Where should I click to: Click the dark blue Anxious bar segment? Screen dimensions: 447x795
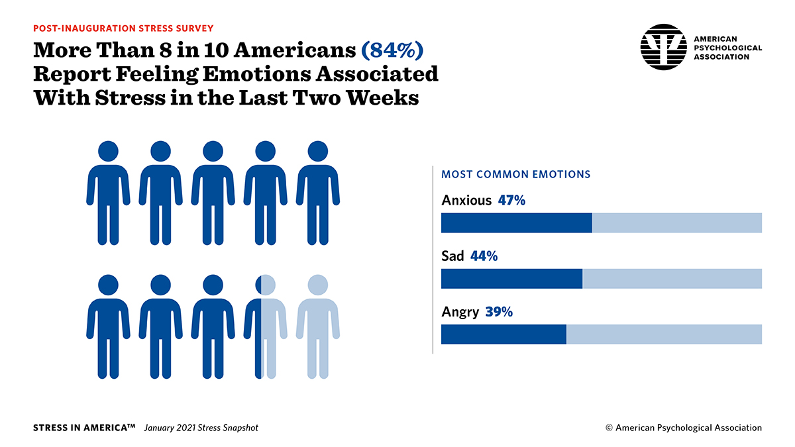516,223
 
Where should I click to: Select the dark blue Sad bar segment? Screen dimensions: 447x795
511,279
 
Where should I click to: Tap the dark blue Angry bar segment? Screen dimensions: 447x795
503,334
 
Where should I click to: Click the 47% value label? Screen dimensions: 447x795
511,200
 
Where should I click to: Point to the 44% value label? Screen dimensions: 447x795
484,256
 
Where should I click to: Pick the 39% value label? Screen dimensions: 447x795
499,311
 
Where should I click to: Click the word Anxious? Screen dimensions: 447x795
466,200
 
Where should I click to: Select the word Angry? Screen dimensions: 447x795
460,312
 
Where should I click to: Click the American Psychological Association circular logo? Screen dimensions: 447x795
663,47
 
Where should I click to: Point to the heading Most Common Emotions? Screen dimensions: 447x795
515,174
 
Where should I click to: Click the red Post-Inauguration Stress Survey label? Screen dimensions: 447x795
123,28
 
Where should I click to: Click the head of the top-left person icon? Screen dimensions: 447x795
108,151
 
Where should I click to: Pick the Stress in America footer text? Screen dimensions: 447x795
83,428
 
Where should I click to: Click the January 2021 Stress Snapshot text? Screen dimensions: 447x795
201,428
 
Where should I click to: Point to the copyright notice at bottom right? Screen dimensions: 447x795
684,428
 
